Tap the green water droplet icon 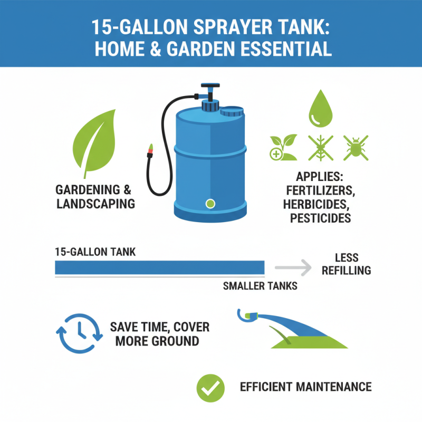pos(320,109)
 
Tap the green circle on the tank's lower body pos(210,203)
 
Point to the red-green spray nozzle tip pos(150,151)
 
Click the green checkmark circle pos(210,387)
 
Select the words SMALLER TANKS pos(260,286)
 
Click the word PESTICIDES pos(320,218)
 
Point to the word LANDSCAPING pos(95,204)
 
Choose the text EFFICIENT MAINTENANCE pos(305,387)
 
